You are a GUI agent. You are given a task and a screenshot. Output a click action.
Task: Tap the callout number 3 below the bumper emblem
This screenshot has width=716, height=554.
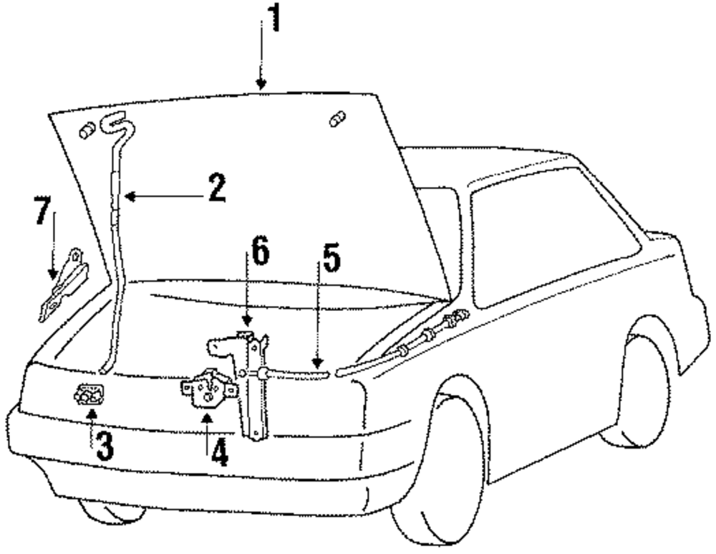pyautogui.click(x=105, y=446)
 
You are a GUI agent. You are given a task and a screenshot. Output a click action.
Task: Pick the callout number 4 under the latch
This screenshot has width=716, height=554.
pyautogui.click(x=218, y=452)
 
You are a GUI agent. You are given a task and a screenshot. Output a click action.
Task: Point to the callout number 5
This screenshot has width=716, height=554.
pyautogui.click(x=331, y=264)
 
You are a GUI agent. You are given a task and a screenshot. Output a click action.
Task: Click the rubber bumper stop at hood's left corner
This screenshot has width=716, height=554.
pyautogui.click(x=87, y=130)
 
